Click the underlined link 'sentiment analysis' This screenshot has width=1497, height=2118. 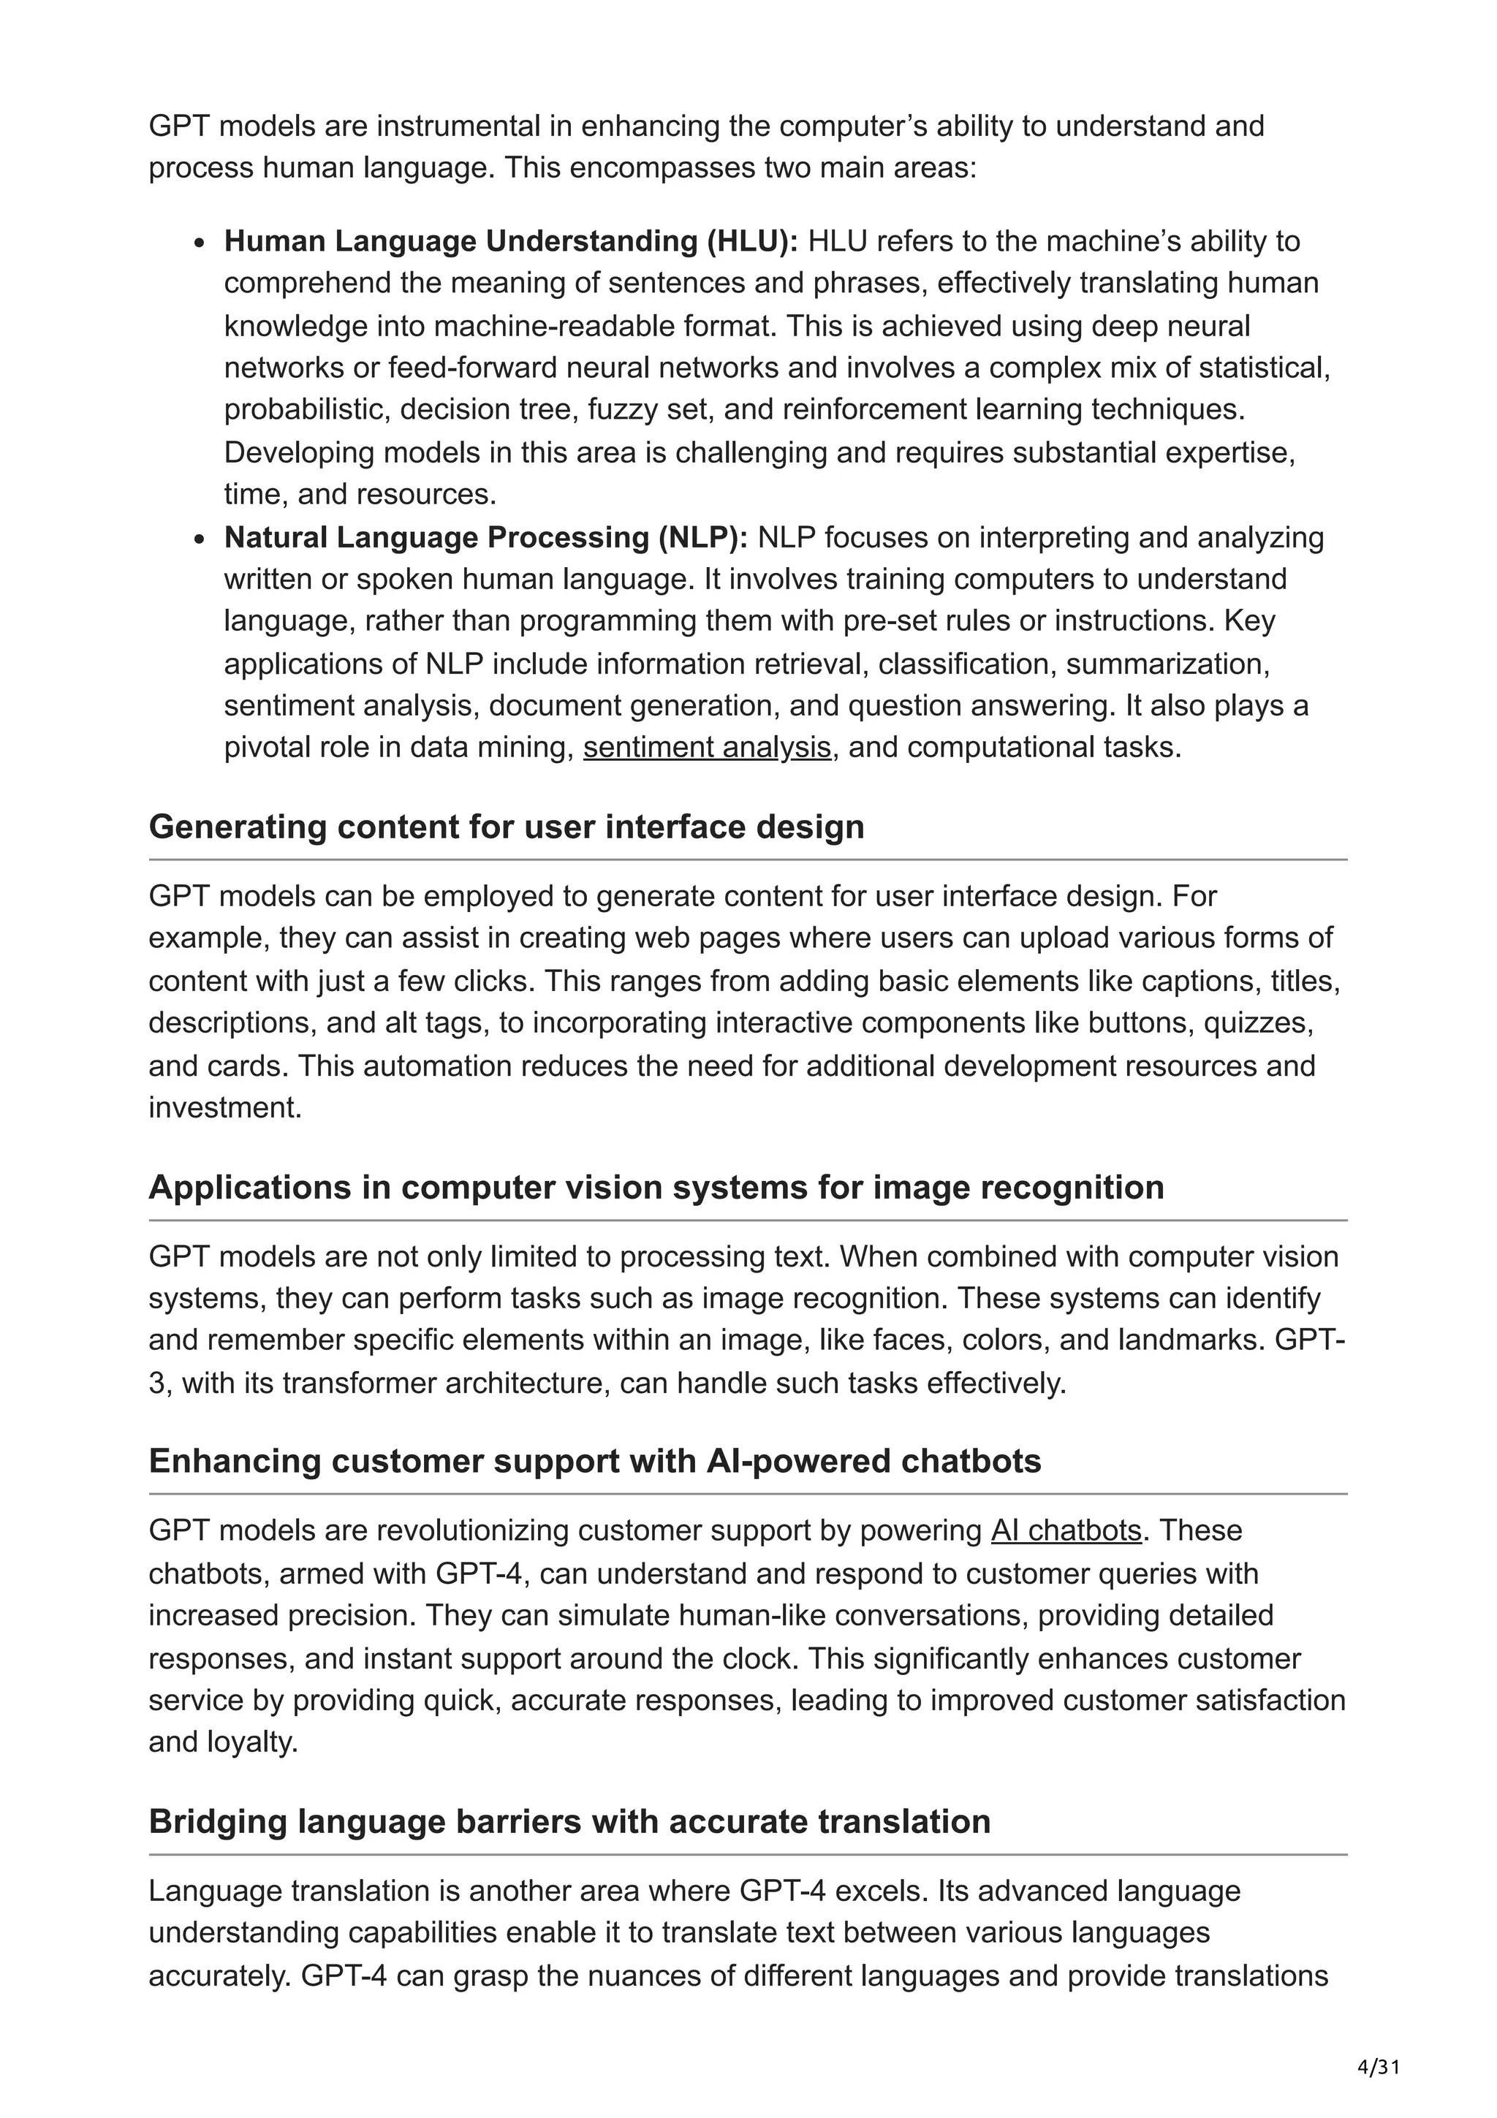click(707, 747)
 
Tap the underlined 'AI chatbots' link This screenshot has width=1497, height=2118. click(1066, 1530)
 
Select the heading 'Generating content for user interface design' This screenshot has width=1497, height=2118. click(507, 827)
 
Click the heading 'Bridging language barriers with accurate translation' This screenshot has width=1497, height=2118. click(569, 1822)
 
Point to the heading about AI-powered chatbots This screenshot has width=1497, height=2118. click(595, 1461)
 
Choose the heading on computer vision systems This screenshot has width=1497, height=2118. click(656, 1187)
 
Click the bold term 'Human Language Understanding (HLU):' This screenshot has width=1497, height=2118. click(511, 242)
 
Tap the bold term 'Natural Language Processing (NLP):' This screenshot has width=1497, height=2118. click(486, 538)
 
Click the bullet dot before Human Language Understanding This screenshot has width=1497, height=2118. click(200, 243)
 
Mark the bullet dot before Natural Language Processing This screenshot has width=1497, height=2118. click(200, 539)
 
